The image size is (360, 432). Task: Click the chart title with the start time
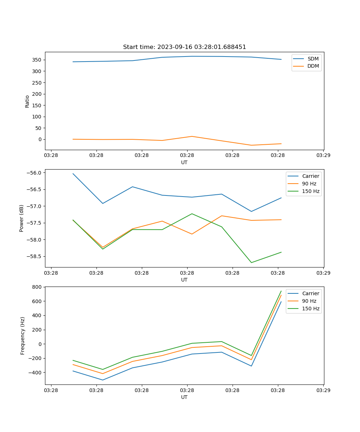(x=184, y=47)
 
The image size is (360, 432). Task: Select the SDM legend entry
(x=313, y=59)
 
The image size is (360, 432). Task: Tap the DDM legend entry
(x=313, y=66)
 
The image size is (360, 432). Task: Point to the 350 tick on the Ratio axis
(x=37, y=60)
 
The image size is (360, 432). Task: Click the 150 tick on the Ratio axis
(x=37, y=105)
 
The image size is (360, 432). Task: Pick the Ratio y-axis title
(x=27, y=101)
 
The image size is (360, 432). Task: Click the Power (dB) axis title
(x=22, y=218)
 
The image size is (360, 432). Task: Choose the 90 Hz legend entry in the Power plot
(x=310, y=184)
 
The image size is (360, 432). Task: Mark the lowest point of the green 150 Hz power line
(x=251, y=262)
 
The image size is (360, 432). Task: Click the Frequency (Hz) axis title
(x=22, y=336)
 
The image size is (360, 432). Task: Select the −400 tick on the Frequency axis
(x=35, y=373)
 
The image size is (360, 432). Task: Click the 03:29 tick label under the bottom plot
(x=323, y=390)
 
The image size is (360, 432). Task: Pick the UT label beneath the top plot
(x=184, y=162)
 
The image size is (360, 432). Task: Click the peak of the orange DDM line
(x=192, y=136)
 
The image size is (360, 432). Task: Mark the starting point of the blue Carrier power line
(x=73, y=174)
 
